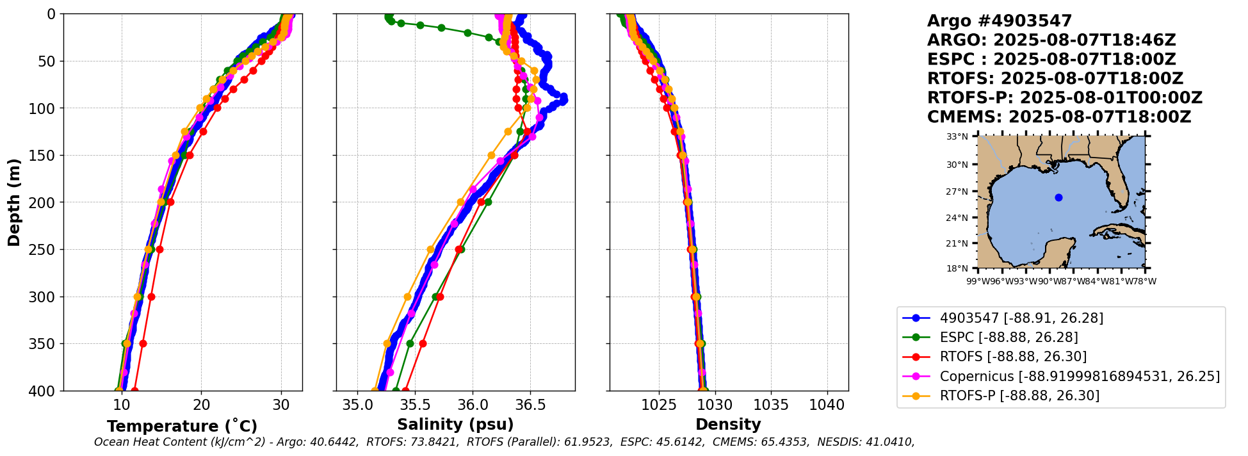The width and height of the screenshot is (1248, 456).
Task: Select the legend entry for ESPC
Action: (x=1009, y=338)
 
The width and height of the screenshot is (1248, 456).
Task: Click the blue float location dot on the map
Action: (x=1058, y=197)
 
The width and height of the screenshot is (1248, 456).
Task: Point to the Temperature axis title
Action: (x=182, y=426)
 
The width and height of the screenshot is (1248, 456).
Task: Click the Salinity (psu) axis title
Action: (x=455, y=425)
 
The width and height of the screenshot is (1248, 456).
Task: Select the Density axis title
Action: (x=728, y=425)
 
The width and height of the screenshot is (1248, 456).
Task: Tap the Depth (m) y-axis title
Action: (x=14, y=202)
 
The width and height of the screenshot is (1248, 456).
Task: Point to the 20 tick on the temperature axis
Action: (x=201, y=405)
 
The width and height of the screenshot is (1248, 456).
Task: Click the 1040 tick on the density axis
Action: (x=827, y=405)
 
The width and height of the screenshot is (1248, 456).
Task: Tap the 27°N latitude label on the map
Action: (x=957, y=191)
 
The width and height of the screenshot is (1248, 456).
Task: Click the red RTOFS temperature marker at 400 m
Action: (x=134, y=391)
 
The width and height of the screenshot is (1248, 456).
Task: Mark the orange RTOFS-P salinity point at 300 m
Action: (x=407, y=297)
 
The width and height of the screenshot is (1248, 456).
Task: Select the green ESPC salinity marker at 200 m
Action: (x=488, y=202)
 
